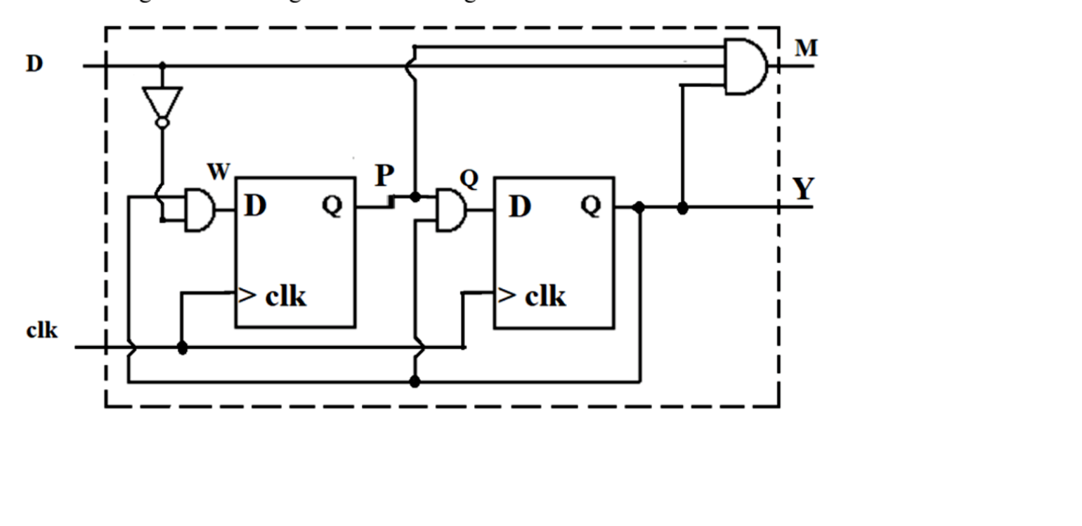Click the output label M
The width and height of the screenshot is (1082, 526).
point(806,49)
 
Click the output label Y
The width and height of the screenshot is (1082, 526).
point(803,189)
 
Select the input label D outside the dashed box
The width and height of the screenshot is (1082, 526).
point(34,64)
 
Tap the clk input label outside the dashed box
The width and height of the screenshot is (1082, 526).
point(42,330)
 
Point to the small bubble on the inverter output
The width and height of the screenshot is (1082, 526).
point(162,123)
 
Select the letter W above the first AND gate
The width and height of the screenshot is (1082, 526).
point(218,172)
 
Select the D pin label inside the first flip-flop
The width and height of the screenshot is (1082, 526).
point(255,207)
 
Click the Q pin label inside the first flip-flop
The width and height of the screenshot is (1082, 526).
point(332,206)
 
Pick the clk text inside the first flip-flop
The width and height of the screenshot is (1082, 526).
point(285,297)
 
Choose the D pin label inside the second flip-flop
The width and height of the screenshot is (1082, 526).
point(520,207)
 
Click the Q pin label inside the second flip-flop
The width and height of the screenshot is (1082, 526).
point(591,206)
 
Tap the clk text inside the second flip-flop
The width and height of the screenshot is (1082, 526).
point(545,297)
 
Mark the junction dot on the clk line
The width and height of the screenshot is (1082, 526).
point(183,347)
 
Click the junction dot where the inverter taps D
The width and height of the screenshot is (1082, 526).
point(162,65)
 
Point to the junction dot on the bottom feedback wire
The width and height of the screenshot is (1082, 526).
point(415,382)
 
